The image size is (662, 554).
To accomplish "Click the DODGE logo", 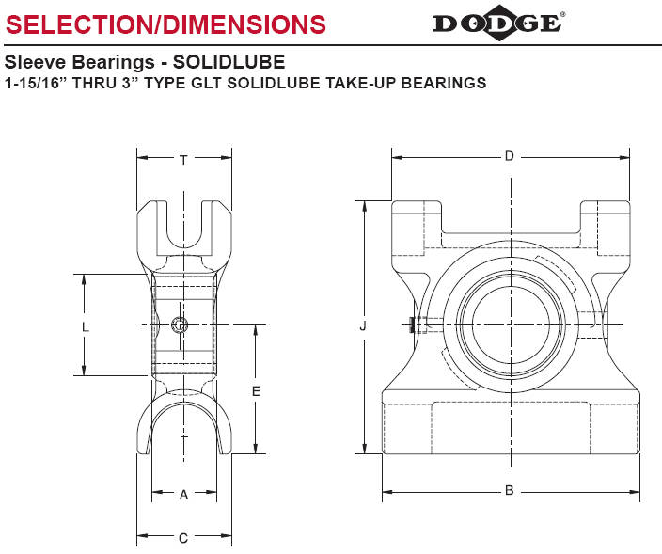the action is point(497,23).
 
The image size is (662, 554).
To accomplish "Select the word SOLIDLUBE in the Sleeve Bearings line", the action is point(229,62).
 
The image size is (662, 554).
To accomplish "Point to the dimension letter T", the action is point(183,160).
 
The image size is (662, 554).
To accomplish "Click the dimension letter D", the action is point(509,157).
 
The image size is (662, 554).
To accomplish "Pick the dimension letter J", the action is point(363,325).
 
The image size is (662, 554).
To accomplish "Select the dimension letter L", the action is point(86,326).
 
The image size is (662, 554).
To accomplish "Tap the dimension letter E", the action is point(256,391).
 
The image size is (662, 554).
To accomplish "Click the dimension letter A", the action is point(183,495).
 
